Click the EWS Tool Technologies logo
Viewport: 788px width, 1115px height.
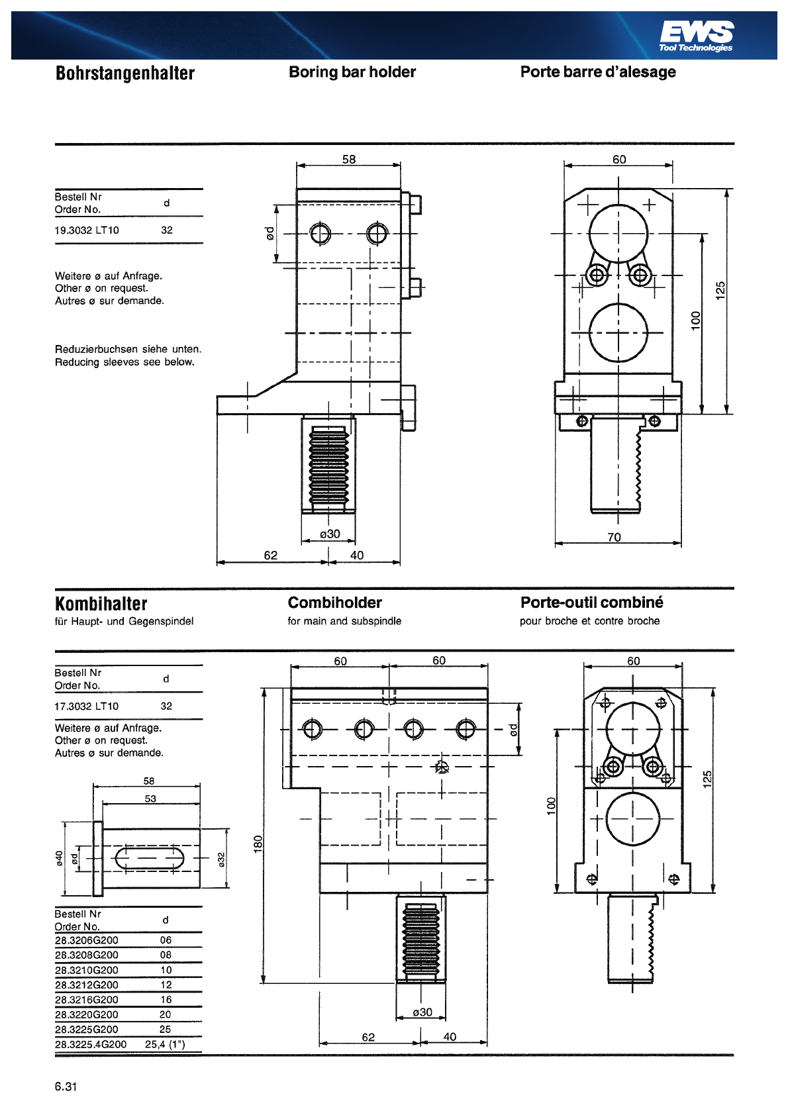pyautogui.click(x=696, y=36)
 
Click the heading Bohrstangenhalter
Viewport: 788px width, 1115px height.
pyautogui.click(x=125, y=73)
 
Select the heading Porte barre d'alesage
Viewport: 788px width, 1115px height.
pyautogui.click(x=598, y=72)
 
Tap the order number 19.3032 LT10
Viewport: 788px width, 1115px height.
pyautogui.click(x=87, y=230)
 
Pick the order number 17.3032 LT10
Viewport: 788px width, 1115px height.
pyautogui.click(x=87, y=706)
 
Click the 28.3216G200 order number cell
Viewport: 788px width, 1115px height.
pyautogui.click(x=87, y=999)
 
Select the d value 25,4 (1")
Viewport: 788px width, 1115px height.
pyautogui.click(x=165, y=1043)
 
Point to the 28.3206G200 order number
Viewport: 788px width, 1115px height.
pyautogui.click(x=87, y=940)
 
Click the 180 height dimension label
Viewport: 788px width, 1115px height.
pyautogui.click(x=258, y=844)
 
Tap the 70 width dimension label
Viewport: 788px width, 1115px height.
pyautogui.click(x=614, y=537)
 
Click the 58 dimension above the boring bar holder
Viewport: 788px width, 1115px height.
pyautogui.click(x=349, y=160)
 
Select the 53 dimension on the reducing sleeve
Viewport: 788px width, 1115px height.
pyautogui.click(x=150, y=799)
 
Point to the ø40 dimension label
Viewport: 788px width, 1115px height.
pyautogui.click(x=59, y=858)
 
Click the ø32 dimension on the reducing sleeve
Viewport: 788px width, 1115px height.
pyautogui.click(x=222, y=859)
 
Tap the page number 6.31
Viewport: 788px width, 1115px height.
pyautogui.click(x=66, y=1087)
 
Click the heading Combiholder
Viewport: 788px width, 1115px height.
pyautogui.click(x=334, y=603)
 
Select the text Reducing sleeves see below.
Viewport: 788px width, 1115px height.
pyautogui.click(x=124, y=362)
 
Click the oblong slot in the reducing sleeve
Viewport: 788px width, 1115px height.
pyautogui.click(x=150, y=858)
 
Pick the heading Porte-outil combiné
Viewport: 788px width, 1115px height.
pyautogui.click(x=592, y=603)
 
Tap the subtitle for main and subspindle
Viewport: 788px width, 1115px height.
pyautogui.click(x=344, y=620)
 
